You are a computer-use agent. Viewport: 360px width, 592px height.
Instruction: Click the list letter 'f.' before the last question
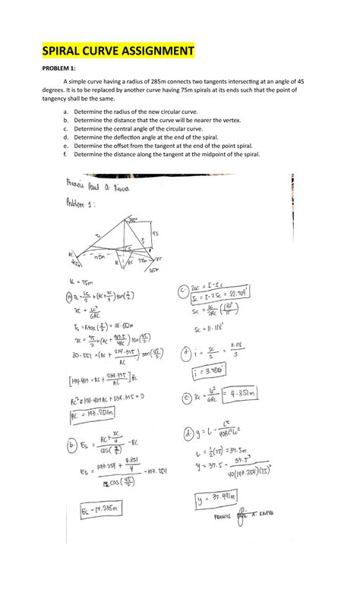[65, 153]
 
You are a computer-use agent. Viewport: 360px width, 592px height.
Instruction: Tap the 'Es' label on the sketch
[155, 234]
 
